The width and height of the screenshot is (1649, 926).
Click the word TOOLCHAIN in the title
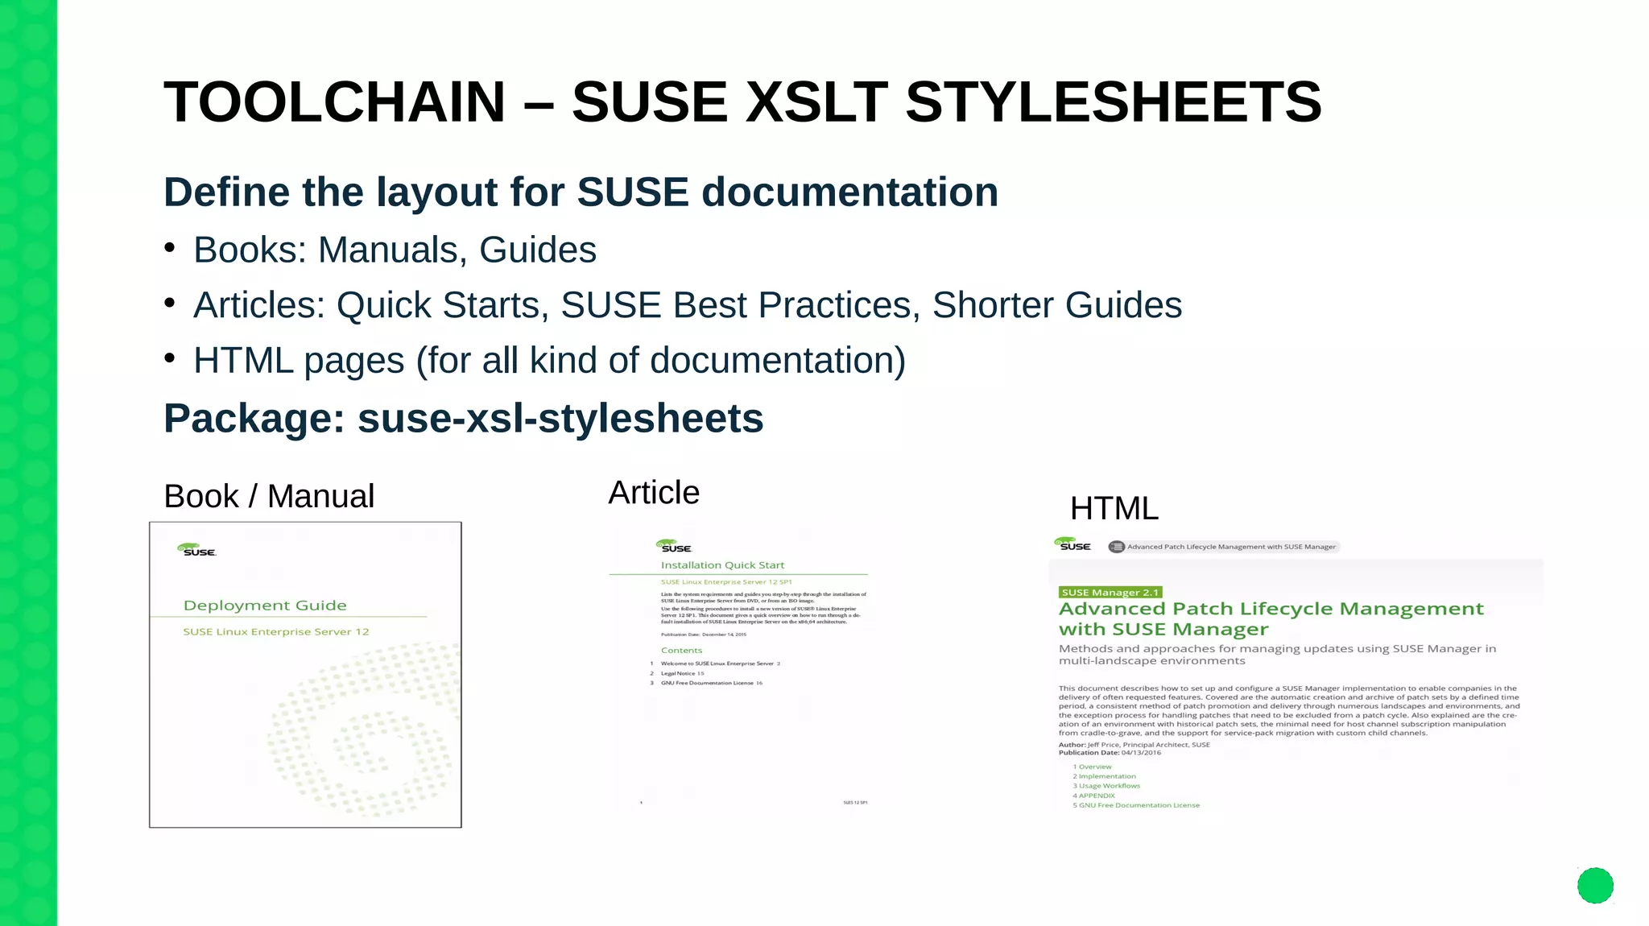click(334, 103)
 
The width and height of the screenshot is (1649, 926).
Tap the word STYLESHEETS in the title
click(1114, 103)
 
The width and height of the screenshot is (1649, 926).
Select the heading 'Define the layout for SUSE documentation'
click(581, 192)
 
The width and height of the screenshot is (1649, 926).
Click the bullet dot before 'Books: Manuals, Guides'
click(170, 247)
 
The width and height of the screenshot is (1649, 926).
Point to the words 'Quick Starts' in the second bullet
click(442, 305)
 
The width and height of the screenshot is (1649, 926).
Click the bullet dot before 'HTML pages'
click(170, 358)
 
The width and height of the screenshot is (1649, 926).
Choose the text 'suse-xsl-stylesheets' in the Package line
click(560, 419)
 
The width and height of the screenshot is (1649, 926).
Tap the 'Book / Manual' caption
click(269, 496)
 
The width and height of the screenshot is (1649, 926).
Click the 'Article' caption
click(654, 492)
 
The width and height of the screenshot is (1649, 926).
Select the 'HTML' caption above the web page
click(1114, 508)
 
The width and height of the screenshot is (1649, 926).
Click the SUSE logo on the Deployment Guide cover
click(196, 550)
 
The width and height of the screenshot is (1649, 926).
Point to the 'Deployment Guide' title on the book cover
click(265, 606)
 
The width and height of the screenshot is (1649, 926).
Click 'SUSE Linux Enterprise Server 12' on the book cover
click(275, 632)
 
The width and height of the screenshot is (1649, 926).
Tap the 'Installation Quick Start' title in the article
click(722, 565)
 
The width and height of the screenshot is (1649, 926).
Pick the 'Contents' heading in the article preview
click(681, 651)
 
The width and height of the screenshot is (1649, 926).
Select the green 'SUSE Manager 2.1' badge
click(1110, 593)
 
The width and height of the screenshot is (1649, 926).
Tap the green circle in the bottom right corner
click(1595, 886)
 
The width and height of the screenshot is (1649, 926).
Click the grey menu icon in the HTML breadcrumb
click(1116, 547)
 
